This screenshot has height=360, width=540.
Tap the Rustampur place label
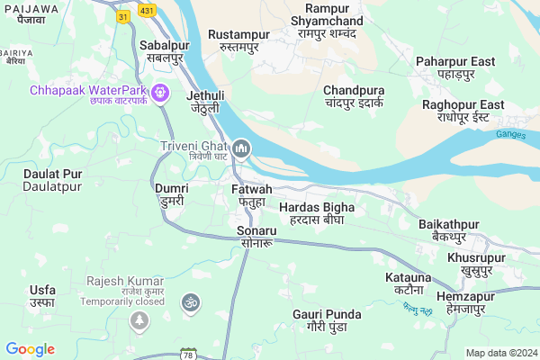[238, 40]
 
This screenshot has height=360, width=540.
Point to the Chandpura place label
[354, 97]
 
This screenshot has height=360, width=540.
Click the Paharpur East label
[455, 67]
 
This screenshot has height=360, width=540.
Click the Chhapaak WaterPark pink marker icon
[161, 91]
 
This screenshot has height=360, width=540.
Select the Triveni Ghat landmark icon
[241, 148]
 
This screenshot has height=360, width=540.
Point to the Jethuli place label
[205, 102]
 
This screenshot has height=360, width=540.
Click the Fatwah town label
[251, 195]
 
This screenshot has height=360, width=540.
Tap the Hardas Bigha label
[317, 214]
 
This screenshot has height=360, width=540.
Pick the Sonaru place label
[256, 238]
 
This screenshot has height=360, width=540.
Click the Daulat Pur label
[53, 179]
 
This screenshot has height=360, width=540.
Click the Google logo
[30, 349]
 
